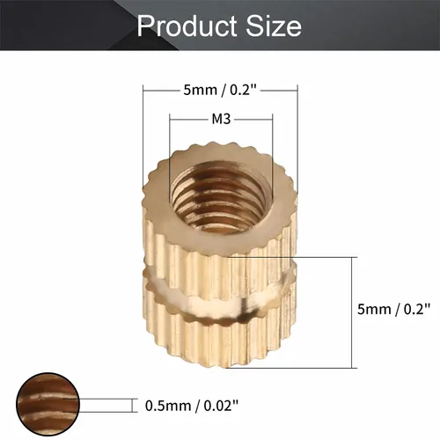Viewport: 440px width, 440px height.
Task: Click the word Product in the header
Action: click(x=187, y=26)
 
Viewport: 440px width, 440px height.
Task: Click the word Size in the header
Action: click(x=274, y=26)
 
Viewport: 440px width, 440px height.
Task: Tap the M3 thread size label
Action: click(x=221, y=119)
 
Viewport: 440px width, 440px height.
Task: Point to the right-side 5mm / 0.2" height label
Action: click(x=393, y=309)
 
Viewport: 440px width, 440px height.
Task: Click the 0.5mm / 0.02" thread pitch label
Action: click(x=192, y=406)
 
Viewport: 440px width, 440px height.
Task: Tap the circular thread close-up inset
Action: click(x=48, y=405)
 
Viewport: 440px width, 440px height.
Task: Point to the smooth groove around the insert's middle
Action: click(x=220, y=308)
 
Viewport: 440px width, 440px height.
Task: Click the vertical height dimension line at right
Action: click(x=352, y=312)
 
